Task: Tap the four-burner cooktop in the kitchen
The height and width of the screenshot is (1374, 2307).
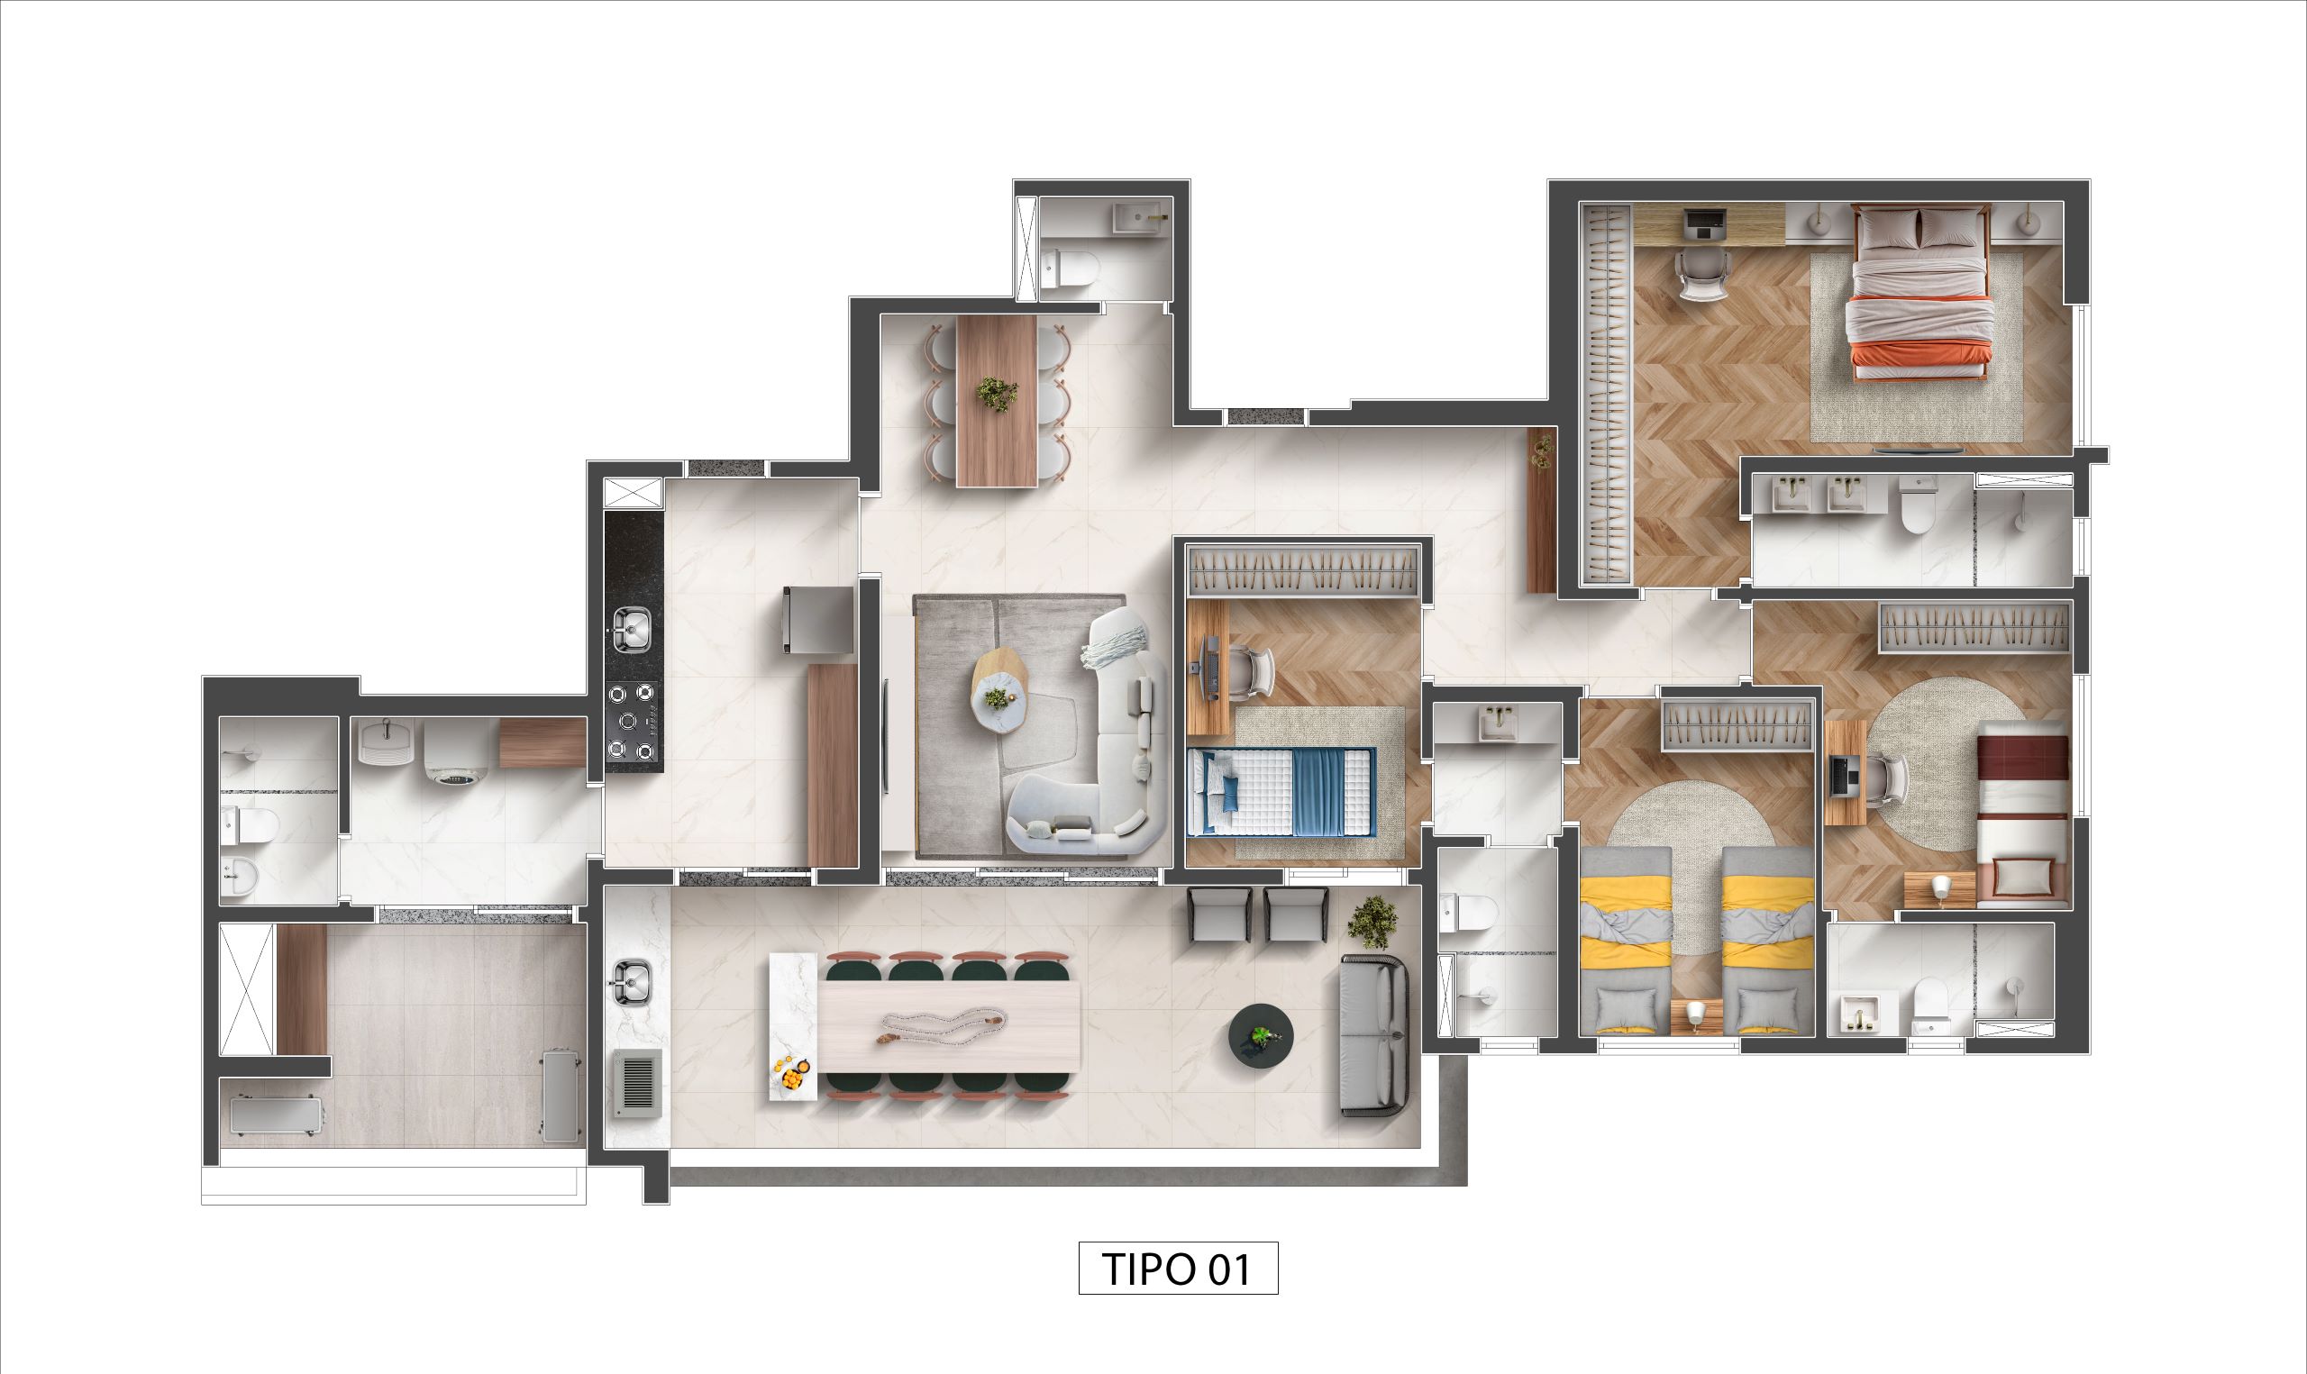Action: [634, 722]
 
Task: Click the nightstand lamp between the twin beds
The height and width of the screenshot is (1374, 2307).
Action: [1696, 1015]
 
